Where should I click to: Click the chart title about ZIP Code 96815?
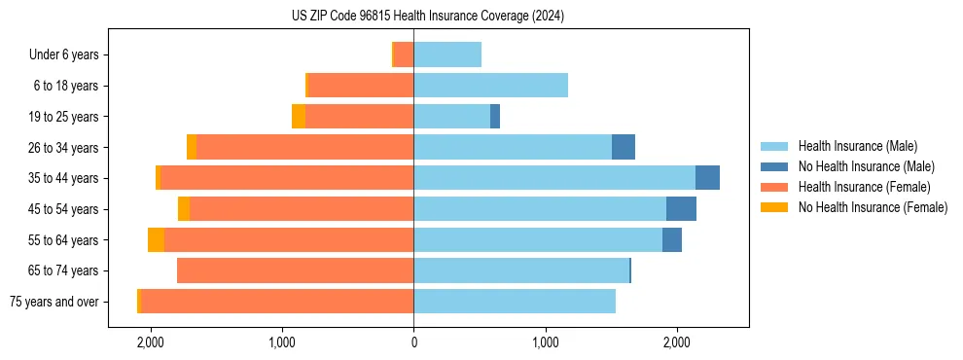pos(413,17)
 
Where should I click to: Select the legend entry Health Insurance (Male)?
pos(857,146)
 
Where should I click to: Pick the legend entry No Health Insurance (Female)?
pos(873,207)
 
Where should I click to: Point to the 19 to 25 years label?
pos(65,117)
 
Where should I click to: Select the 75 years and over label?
pos(54,302)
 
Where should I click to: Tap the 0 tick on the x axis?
pos(413,342)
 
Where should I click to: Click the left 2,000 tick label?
pos(150,342)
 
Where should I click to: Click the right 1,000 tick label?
pos(546,342)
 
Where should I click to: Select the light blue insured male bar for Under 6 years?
pos(447,54)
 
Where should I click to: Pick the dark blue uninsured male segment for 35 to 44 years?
pos(707,178)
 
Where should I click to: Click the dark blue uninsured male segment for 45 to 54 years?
pos(681,209)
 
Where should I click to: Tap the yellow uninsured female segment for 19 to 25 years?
pos(299,117)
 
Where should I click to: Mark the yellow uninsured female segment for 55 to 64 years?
pos(156,240)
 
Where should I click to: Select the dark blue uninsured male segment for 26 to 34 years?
pos(624,147)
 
